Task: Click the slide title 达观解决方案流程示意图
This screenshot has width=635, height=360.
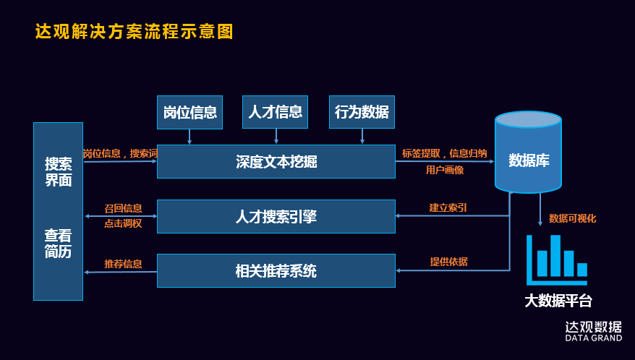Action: pyautogui.click(x=135, y=32)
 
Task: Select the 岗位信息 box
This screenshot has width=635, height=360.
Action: pyautogui.click(x=189, y=112)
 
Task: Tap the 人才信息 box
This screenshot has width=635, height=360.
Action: pyautogui.click(x=275, y=112)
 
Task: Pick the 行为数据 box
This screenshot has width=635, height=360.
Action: pyautogui.click(x=362, y=112)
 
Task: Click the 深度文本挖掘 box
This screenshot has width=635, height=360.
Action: pyautogui.click(x=276, y=161)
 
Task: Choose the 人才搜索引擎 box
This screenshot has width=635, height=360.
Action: pyautogui.click(x=276, y=216)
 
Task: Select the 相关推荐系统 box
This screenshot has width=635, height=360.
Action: pyautogui.click(x=276, y=271)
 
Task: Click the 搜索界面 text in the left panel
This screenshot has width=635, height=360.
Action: pyautogui.click(x=59, y=172)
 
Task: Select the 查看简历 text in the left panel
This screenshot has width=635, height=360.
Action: pyautogui.click(x=58, y=244)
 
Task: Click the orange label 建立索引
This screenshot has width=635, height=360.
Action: pyautogui.click(x=448, y=207)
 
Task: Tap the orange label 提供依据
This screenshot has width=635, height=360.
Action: pyautogui.click(x=448, y=262)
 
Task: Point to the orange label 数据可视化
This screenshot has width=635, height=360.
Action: pyautogui.click(x=572, y=218)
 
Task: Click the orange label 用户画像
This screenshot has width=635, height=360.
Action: pyautogui.click(x=445, y=171)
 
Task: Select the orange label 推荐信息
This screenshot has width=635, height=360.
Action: pyautogui.click(x=123, y=264)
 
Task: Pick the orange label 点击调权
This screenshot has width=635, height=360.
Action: pyautogui.click(x=123, y=224)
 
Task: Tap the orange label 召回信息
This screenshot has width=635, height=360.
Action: pyautogui.click(x=123, y=208)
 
